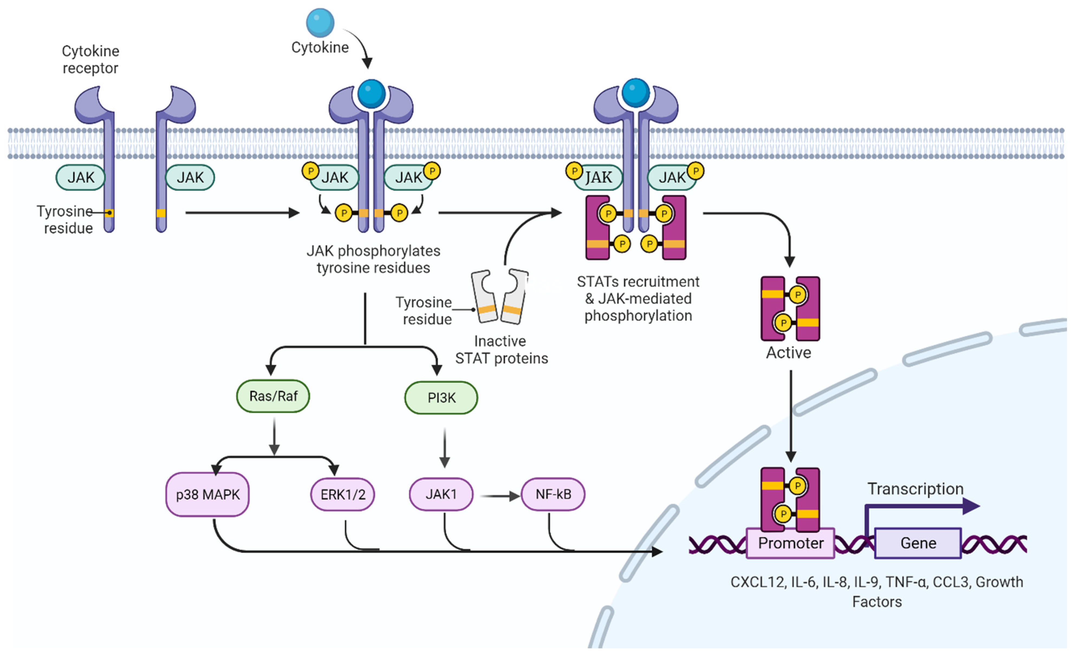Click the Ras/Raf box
click(x=273, y=396)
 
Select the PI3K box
click(x=441, y=398)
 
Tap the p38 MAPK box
click(x=208, y=494)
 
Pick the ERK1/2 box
click(x=343, y=494)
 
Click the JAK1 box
click(x=441, y=494)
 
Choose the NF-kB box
click(x=553, y=494)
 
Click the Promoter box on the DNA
click(x=790, y=543)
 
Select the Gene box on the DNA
click(x=918, y=543)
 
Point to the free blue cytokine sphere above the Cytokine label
click(x=320, y=23)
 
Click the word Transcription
click(x=915, y=489)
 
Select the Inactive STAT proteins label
click(x=501, y=349)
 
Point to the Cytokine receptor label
click(x=90, y=59)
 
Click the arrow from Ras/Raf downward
click(x=274, y=436)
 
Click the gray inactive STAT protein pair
click(x=500, y=296)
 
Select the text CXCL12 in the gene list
click(x=757, y=582)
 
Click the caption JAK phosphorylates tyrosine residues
click(x=373, y=259)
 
